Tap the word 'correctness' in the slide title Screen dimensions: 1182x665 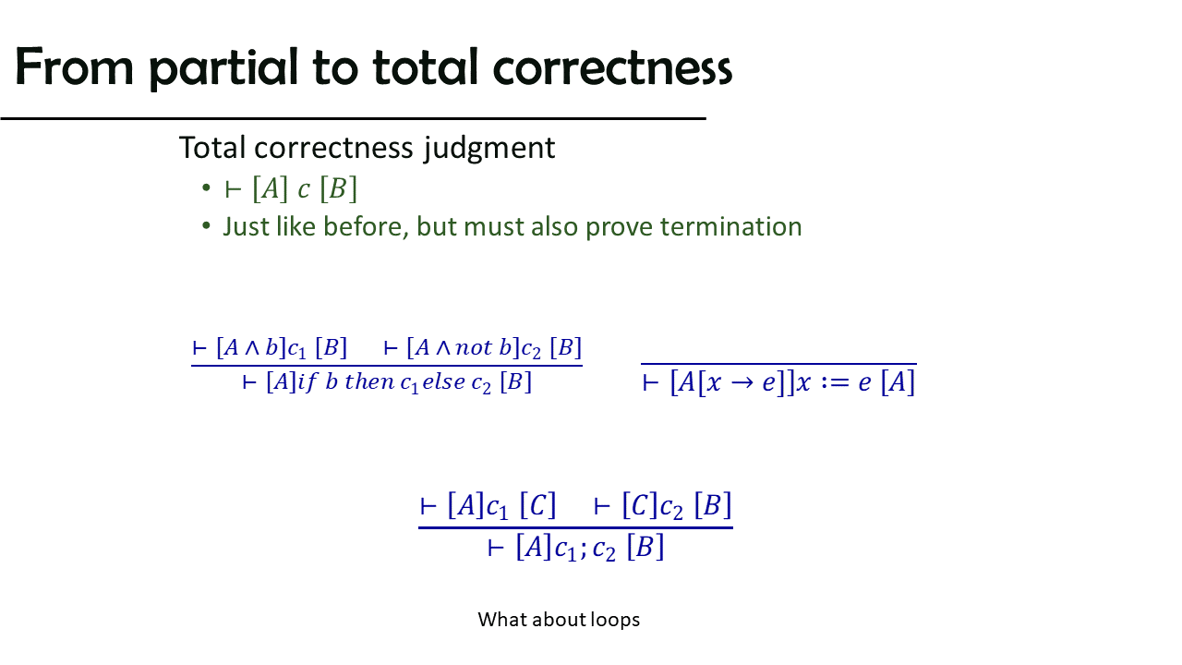[x=612, y=67]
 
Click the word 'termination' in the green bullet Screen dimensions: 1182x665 [x=730, y=226]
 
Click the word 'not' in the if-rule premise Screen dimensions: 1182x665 [x=474, y=348]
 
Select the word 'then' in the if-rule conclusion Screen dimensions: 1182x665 [x=368, y=381]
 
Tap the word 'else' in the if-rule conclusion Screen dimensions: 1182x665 [x=444, y=381]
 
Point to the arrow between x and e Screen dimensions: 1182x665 [x=742, y=382]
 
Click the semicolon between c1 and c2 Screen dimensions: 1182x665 [x=584, y=550]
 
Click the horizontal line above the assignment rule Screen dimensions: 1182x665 [x=778, y=364]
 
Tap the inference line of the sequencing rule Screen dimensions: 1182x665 [x=575, y=527]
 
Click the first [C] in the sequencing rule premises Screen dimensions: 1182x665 [x=538, y=505]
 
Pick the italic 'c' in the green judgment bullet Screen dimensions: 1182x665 [x=304, y=189]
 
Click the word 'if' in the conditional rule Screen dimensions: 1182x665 [x=308, y=381]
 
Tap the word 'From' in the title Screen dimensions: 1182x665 [x=74, y=67]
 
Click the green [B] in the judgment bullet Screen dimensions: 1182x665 [x=339, y=189]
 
